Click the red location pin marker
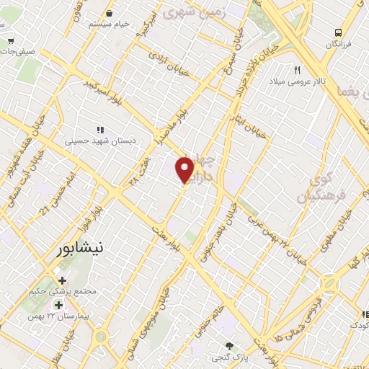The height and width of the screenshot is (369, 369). click(185, 170)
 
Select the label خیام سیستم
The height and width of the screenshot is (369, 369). click(110, 24)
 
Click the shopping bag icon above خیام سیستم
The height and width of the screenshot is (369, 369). click(109, 13)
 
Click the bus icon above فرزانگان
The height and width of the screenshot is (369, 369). click(337, 32)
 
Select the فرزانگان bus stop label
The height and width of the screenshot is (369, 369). click(338, 45)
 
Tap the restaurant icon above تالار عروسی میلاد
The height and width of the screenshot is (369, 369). click(297, 70)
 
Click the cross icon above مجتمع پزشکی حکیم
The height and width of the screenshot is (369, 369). click(62, 281)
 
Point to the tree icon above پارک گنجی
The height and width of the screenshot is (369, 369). click(230, 346)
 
